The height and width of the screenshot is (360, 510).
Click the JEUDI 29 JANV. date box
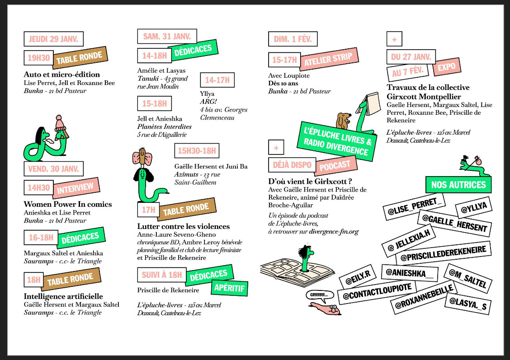(53, 39)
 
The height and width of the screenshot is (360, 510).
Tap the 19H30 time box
(38, 58)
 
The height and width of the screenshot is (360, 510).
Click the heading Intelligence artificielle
(63, 296)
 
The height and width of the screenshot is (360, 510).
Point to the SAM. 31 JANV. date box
(167, 36)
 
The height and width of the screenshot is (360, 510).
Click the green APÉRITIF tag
(229, 288)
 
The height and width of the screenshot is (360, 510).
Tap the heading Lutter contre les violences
(184, 226)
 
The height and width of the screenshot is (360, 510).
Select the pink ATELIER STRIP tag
(328, 59)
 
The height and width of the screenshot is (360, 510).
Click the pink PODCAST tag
(335, 165)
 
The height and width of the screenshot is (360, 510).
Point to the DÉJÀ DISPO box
(292, 164)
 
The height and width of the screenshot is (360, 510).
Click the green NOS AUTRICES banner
(458, 184)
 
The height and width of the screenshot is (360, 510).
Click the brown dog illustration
(343, 120)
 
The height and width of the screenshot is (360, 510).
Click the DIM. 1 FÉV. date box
(293, 39)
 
